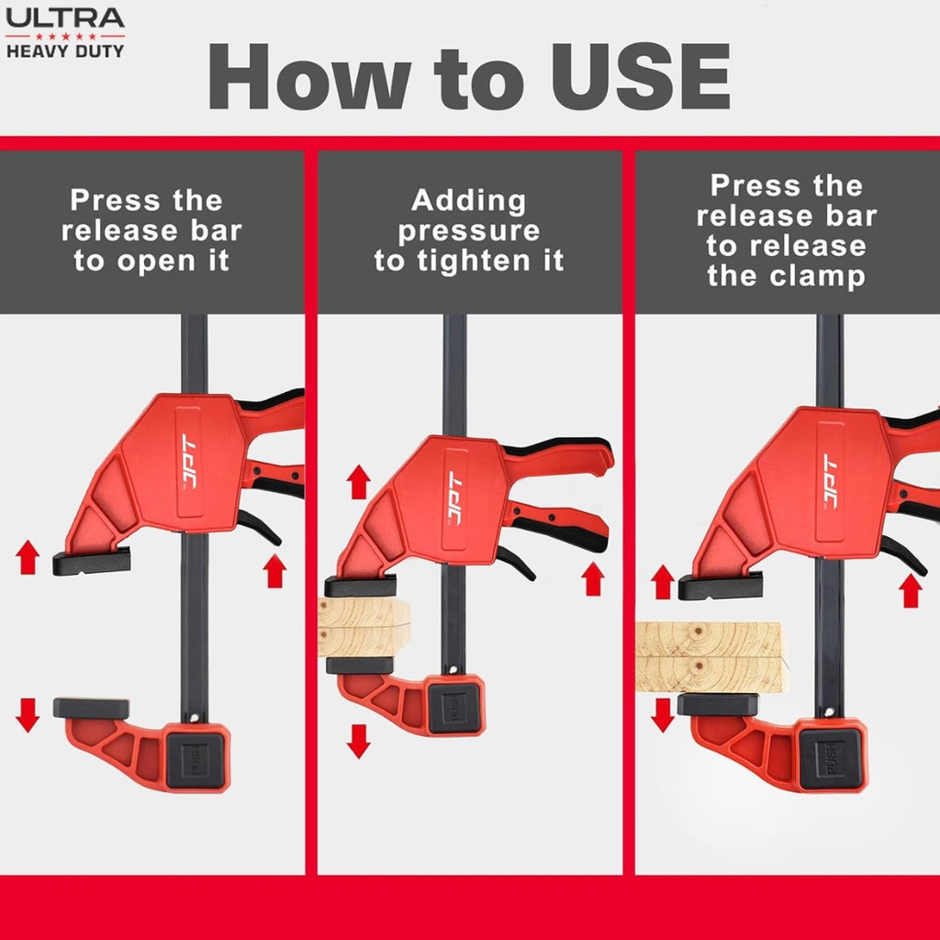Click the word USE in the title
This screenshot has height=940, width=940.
tap(640, 76)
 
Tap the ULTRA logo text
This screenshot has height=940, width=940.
tap(65, 18)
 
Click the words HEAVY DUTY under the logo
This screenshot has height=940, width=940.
tap(65, 51)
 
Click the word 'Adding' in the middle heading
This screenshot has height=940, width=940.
tap(469, 201)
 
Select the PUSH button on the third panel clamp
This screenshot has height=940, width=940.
tap(833, 758)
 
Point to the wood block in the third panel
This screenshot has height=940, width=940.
tap(711, 657)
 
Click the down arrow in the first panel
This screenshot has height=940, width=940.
tap(28, 715)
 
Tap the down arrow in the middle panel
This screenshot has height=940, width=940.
tap(359, 741)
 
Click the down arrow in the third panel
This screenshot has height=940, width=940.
tap(663, 715)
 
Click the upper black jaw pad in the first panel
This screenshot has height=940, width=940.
tap(91, 562)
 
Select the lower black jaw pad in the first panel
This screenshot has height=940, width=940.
tap(91, 708)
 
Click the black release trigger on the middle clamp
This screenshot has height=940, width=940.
tap(516, 563)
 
